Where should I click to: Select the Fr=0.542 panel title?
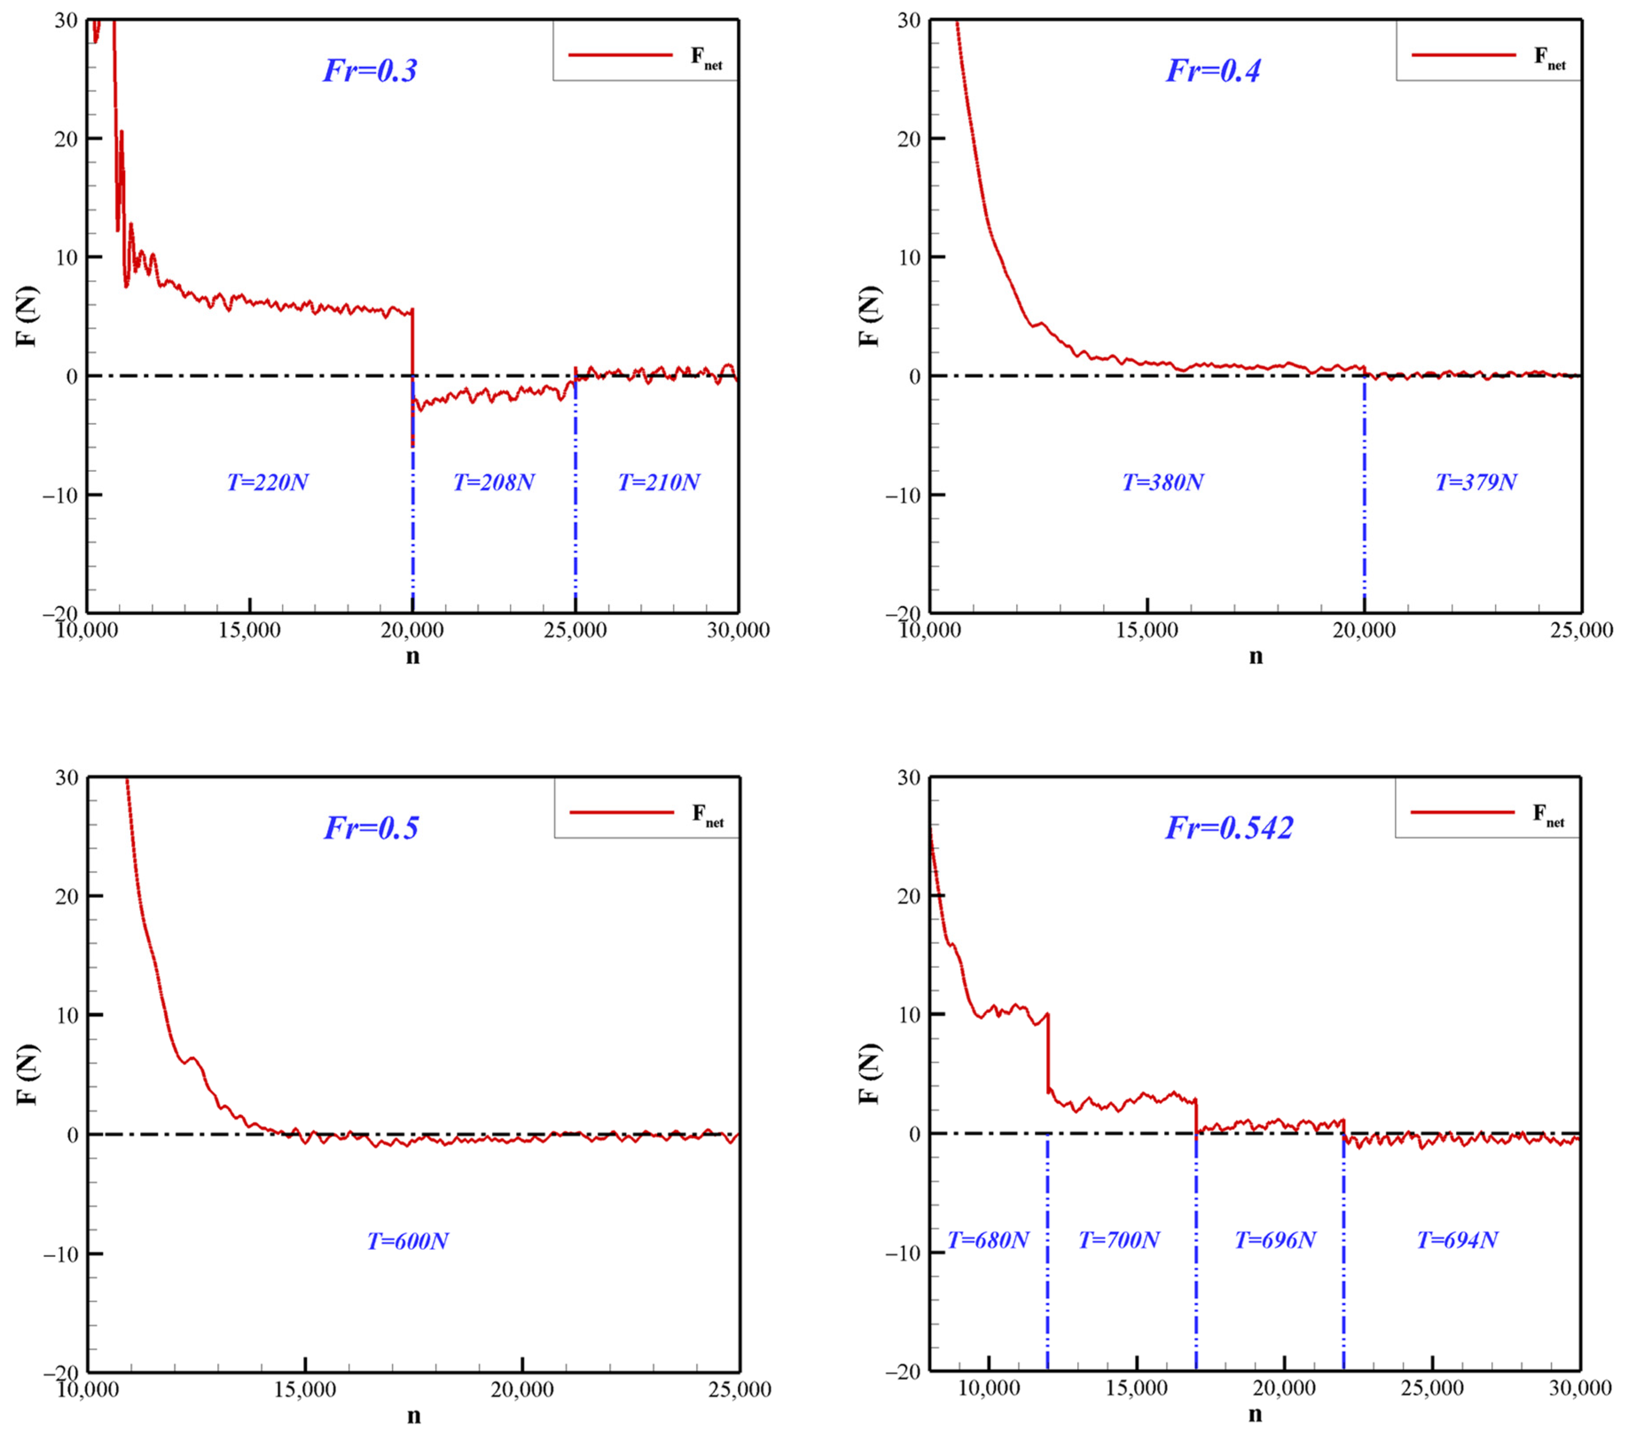point(1229,828)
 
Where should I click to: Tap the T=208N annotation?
point(494,482)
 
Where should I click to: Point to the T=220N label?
point(268,482)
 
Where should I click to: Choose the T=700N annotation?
point(1119,1240)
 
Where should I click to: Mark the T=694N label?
point(1457,1240)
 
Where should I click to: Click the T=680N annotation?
point(988,1240)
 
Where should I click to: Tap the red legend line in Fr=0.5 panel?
point(622,812)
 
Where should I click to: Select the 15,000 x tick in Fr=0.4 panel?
point(1147,630)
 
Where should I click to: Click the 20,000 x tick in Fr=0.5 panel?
point(522,1389)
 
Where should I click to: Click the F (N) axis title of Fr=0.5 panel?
point(28,1074)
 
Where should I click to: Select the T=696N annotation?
point(1275,1240)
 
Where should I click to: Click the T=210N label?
point(659,482)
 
